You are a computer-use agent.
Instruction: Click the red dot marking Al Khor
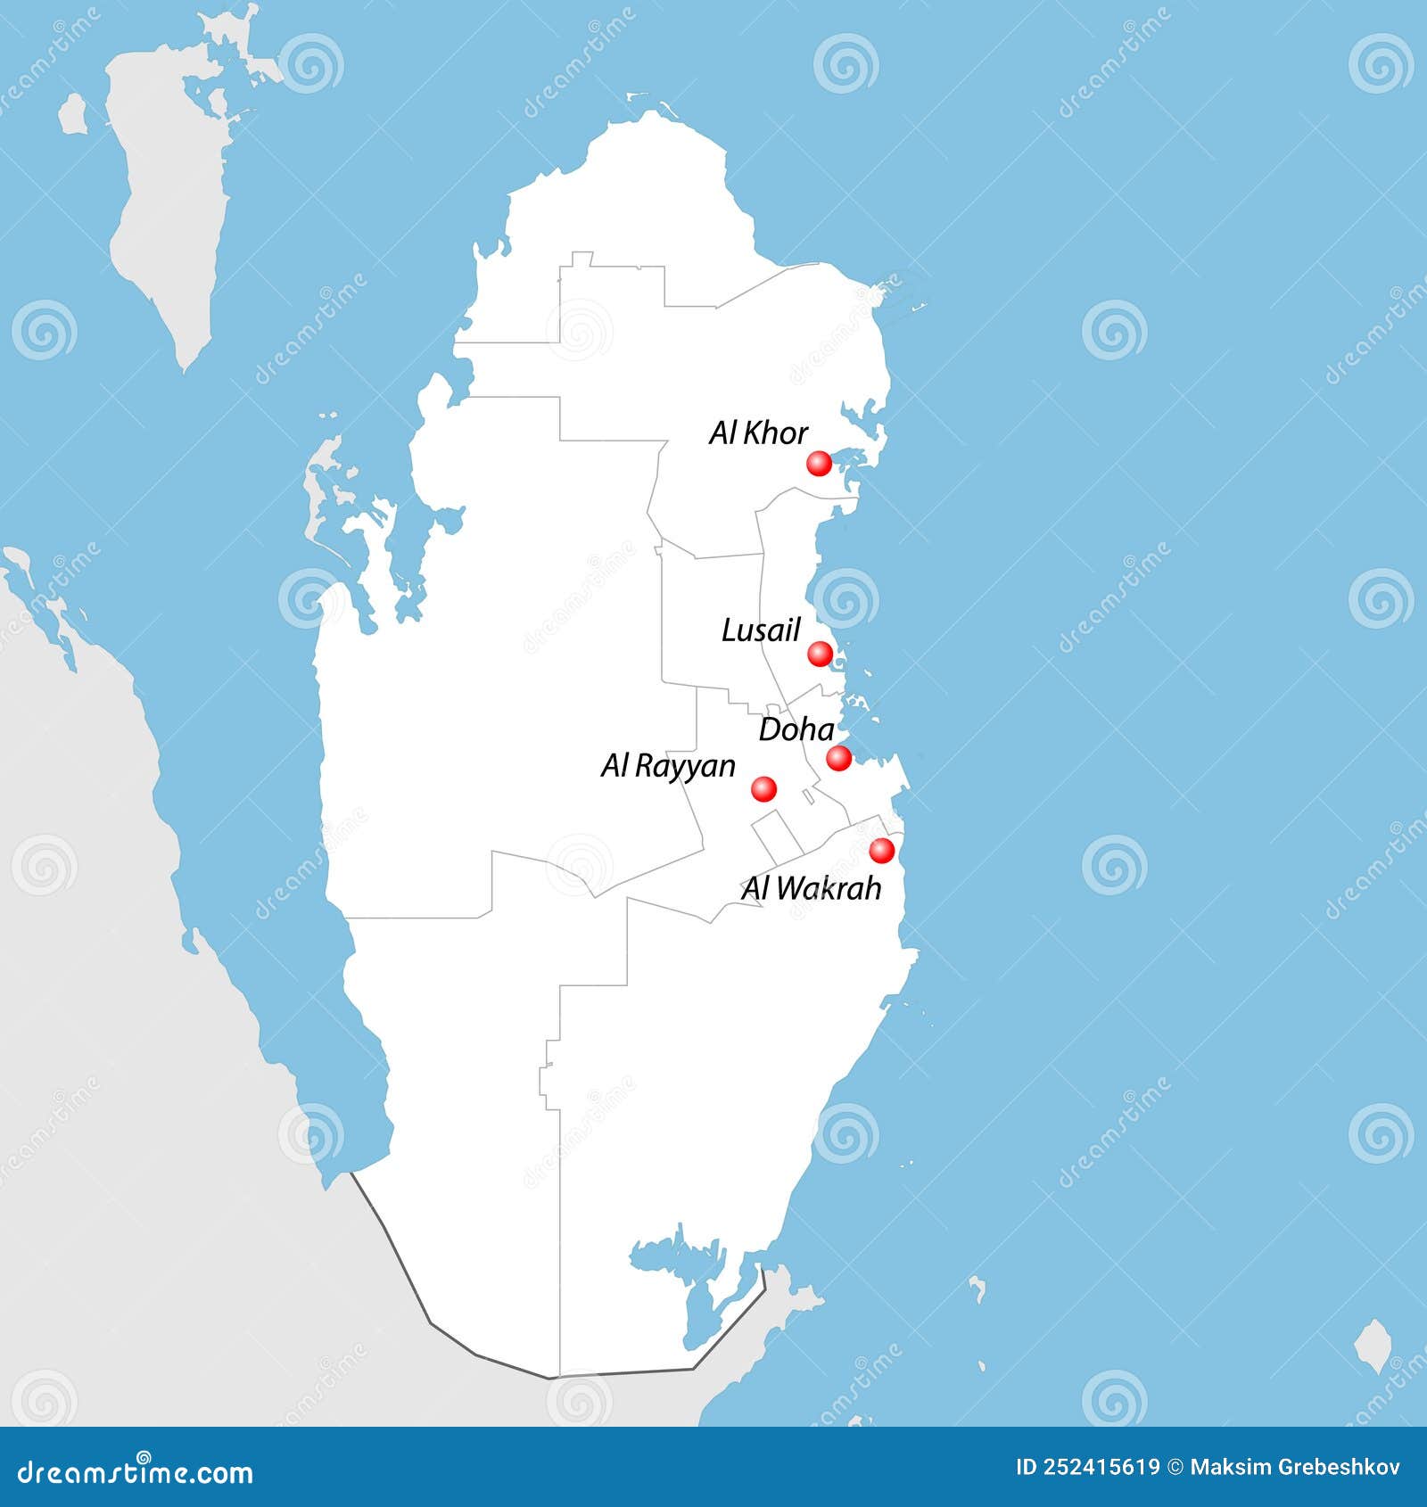[819, 464]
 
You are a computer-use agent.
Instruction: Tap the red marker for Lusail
[820, 654]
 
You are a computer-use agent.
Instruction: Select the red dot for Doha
[838, 759]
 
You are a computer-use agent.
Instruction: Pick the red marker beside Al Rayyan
[763, 788]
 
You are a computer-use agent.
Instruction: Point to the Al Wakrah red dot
[881, 851]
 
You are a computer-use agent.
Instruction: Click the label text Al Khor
[758, 433]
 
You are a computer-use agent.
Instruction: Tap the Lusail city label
[761, 630]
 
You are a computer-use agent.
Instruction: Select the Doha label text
[796, 730]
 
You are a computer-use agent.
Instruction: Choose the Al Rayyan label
[668, 766]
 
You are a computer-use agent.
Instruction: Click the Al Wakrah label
[811, 888]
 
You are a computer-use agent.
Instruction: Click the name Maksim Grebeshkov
[1295, 1468]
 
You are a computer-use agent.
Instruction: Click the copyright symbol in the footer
[1175, 1468]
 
